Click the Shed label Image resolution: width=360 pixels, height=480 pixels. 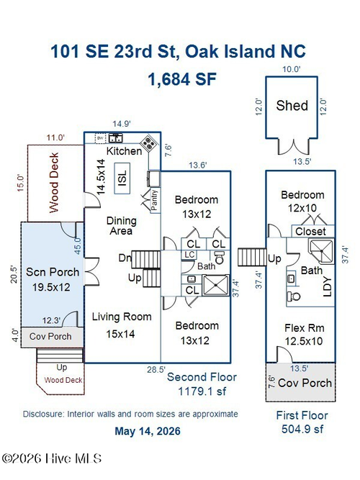292,106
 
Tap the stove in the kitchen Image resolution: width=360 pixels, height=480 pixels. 149,143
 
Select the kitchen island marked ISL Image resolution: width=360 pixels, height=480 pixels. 122,178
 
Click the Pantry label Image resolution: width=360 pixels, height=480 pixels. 154,199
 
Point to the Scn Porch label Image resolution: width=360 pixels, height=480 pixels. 53,272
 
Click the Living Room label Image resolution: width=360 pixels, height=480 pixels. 122,317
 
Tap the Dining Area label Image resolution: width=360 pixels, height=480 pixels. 122,226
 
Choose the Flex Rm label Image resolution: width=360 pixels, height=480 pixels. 305,328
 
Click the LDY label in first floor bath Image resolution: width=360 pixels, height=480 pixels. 328,286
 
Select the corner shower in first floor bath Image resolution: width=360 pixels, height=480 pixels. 321,252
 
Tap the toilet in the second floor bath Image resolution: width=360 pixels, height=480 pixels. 220,258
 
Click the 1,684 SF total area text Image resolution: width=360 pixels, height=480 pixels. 182,79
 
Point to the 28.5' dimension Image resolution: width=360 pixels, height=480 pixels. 156,369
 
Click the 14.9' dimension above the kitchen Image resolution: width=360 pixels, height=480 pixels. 122,124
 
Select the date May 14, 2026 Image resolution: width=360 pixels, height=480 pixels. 148,431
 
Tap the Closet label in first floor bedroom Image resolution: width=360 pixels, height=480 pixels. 310,232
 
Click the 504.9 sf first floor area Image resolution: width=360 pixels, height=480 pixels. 302,429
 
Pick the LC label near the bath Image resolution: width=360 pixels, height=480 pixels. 189,255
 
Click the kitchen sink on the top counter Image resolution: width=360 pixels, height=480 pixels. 116,138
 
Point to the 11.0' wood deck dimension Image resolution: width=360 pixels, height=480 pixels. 55,137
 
